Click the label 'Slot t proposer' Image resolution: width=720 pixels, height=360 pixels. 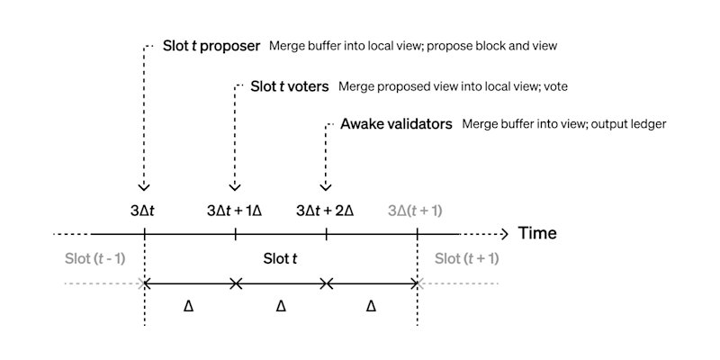(211, 46)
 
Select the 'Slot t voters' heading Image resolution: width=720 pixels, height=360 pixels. (289, 86)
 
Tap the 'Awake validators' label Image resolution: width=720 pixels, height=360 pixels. (396, 124)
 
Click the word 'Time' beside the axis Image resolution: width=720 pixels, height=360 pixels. (537, 233)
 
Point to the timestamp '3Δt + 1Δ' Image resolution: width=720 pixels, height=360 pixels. (234, 211)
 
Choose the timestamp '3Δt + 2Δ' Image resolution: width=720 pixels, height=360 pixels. (325, 211)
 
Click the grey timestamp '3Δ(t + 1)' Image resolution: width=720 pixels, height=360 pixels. (415, 211)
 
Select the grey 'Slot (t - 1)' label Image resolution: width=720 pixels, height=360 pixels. (94, 259)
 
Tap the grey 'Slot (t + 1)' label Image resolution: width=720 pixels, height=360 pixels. (466, 259)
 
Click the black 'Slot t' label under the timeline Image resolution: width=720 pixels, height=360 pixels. (280, 259)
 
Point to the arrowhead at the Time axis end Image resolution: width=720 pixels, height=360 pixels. (505, 234)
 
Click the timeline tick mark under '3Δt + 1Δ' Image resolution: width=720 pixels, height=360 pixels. (235, 234)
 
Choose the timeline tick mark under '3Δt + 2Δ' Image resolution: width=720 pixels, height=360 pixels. (326, 234)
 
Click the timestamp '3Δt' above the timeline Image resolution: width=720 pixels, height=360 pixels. (144, 211)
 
